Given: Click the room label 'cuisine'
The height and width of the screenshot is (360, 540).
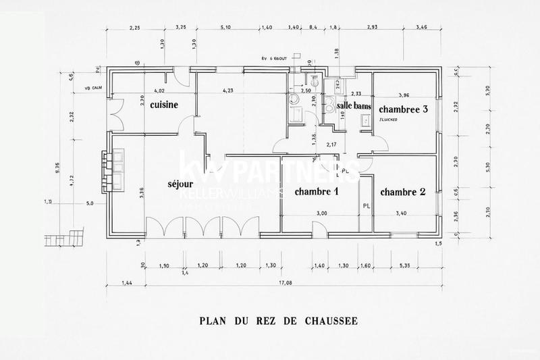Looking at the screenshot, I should tap(164, 105).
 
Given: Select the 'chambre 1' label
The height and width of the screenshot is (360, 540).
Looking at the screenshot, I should tap(316, 192).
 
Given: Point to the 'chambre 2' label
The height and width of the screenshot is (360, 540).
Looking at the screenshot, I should tap(403, 192).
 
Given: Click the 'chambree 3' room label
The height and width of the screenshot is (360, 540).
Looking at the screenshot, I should tap(404, 109).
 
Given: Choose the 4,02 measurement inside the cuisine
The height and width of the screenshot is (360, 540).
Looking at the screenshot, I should tap(159, 91).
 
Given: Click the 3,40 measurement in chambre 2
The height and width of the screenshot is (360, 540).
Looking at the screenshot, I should tap(402, 213).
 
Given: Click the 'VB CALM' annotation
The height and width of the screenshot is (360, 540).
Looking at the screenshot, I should tap(91, 88).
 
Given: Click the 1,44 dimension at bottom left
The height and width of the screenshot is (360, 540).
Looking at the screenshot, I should tap(126, 283).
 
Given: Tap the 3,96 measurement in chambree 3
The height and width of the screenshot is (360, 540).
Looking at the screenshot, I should tap(404, 95).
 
